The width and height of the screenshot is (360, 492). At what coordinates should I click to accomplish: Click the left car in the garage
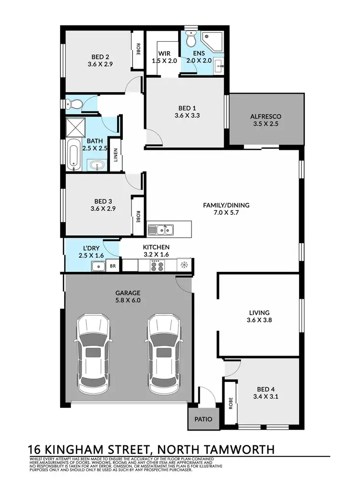coord(94,353)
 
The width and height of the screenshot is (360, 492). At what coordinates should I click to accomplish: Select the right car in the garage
coord(165,353)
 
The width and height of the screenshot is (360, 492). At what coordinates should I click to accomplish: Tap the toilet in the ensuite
coord(191,39)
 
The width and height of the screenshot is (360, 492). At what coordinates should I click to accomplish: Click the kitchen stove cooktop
coord(156,264)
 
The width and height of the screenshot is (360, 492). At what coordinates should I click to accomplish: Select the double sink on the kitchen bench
coord(161,230)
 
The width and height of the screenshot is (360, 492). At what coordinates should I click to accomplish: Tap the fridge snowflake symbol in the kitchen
coord(184,264)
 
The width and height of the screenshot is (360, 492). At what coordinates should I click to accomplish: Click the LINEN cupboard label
coord(115,155)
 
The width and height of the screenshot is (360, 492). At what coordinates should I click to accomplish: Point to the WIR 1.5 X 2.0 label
coord(165,57)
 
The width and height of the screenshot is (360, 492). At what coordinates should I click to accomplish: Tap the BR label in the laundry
coord(113,265)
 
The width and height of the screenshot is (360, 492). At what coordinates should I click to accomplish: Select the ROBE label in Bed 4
coord(231,403)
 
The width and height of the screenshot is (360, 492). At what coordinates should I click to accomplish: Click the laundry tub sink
coord(98,265)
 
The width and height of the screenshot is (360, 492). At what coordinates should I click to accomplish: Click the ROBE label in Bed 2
coord(138,49)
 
